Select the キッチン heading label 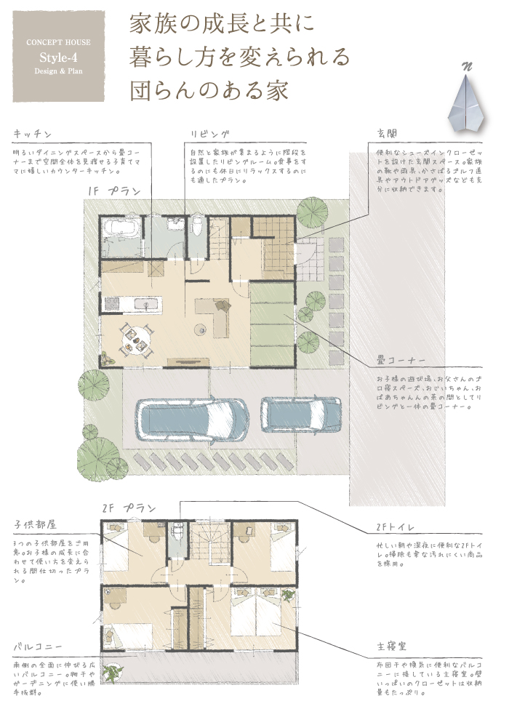(32, 134)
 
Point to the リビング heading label (210, 134)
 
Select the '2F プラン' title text (129, 508)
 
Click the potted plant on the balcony (115, 674)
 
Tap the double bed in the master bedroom (256, 610)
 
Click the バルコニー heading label (37, 646)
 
